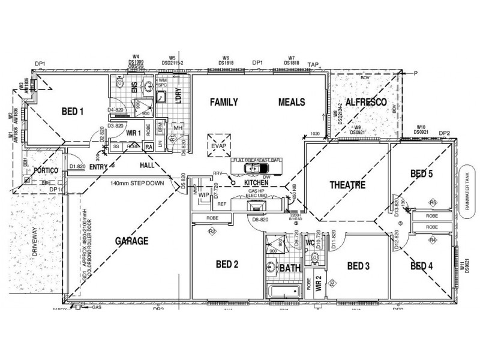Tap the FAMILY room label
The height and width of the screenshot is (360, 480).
click(224, 103)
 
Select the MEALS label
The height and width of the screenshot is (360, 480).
click(292, 103)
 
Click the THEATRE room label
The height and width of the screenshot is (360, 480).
click(347, 185)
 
